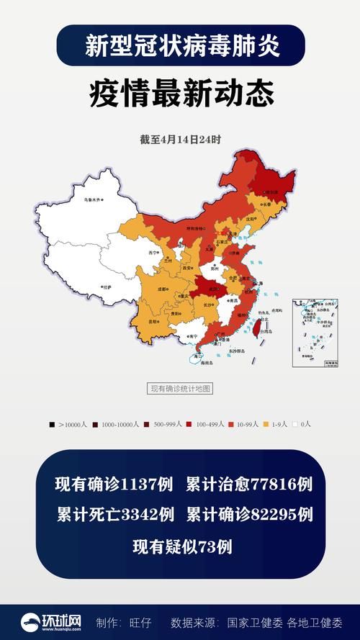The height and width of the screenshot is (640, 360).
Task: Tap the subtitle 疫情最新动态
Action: pos(180,95)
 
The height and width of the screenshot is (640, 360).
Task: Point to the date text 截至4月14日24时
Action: pos(180,140)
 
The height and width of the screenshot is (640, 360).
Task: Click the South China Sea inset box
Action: pos(315,333)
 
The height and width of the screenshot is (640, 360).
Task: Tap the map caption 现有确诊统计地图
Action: pos(180,389)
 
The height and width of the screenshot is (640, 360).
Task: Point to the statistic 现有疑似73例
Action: pos(181,546)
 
